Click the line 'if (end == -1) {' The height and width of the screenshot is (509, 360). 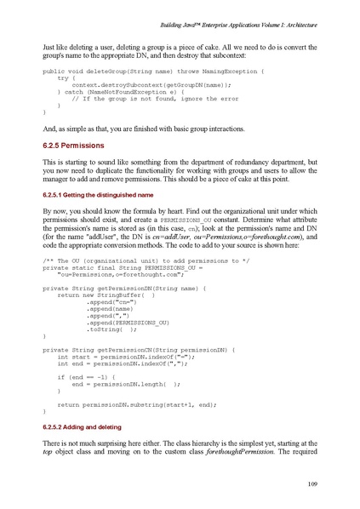coord(86,375)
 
